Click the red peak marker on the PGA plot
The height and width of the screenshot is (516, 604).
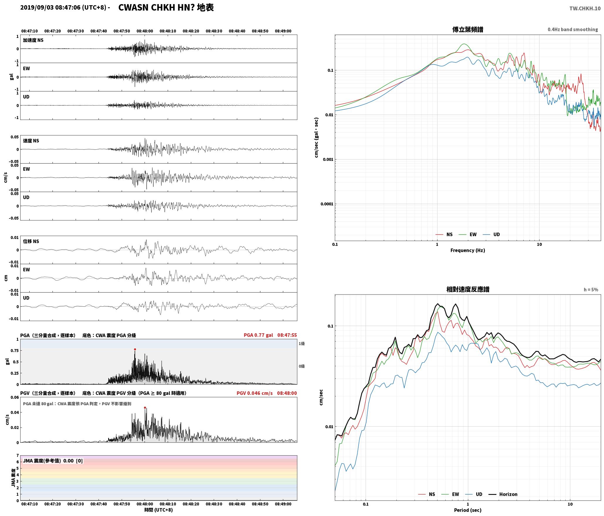click(x=135, y=349)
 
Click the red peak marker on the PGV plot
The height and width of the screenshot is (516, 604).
click(x=145, y=408)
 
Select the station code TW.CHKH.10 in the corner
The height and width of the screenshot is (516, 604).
click(x=585, y=9)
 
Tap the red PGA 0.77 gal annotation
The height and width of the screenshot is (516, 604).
click(x=258, y=335)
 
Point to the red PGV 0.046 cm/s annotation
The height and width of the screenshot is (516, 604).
click(x=255, y=393)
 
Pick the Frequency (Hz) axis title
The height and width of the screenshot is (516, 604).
click(x=468, y=250)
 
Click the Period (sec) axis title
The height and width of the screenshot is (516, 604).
click(x=468, y=510)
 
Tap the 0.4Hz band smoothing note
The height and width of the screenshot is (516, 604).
click(x=573, y=30)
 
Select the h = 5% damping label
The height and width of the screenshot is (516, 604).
click(x=591, y=290)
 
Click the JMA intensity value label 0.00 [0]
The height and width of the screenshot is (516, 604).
click(x=73, y=461)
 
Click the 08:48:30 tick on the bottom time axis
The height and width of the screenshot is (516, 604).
click(x=214, y=504)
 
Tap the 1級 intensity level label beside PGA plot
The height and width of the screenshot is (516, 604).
click(x=302, y=344)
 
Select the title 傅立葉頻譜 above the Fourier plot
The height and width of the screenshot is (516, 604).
click(x=468, y=30)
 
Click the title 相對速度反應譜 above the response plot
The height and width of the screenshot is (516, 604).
click(x=468, y=289)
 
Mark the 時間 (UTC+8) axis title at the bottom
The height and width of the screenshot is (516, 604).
click(x=159, y=510)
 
